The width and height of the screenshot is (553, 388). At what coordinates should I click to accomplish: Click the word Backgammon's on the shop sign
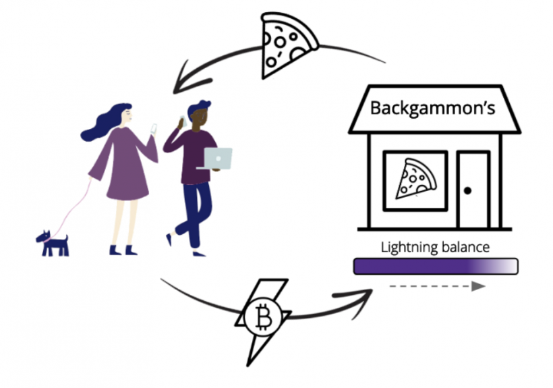coord(433,108)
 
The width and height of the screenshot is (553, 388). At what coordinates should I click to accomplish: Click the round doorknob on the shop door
coord(467,191)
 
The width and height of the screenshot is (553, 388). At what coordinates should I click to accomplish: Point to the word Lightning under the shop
coord(407,247)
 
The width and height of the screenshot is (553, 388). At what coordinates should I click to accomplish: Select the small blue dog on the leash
coord(53,243)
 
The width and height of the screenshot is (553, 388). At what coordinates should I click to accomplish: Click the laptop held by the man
coord(216,158)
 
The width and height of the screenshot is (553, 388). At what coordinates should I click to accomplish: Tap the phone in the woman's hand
coord(154,128)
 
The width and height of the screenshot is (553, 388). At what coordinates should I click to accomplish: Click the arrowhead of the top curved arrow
coord(184,81)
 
